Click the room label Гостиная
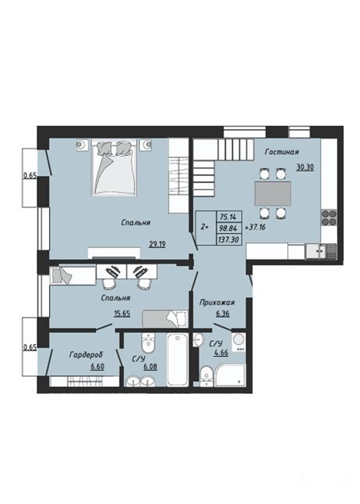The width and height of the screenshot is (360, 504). [282, 152]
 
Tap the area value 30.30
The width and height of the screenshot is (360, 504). [305, 167]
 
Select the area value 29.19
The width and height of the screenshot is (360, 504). [157, 244]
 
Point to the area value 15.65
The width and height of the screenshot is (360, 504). [122, 313]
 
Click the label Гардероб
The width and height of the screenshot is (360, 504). [86, 355]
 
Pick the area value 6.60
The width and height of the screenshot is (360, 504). [97, 366]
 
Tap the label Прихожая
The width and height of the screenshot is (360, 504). [217, 302]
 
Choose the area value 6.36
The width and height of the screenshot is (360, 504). [223, 313]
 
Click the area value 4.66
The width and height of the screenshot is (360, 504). [221, 353]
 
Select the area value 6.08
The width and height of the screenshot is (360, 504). [150, 366]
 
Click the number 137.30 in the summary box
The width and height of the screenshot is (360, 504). [229, 239]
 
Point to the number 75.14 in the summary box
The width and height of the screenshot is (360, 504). [228, 217]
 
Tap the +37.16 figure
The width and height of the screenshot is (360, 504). [255, 228]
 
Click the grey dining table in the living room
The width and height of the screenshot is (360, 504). [273, 193]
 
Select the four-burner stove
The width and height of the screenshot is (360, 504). [329, 218]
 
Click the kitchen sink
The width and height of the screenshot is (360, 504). [316, 251]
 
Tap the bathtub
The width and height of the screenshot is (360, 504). [177, 359]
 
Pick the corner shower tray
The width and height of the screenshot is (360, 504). [230, 375]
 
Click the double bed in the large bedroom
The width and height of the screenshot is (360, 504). [114, 167]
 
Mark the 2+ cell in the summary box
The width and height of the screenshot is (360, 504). [205, 227]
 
